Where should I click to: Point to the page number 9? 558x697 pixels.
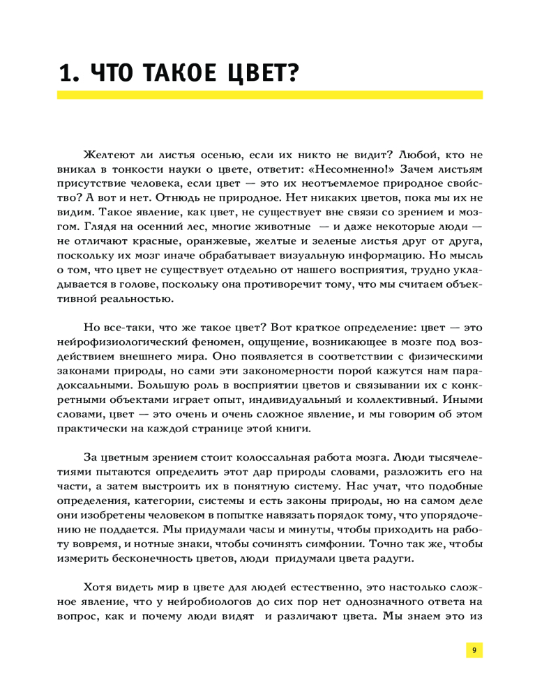point(474,650)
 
